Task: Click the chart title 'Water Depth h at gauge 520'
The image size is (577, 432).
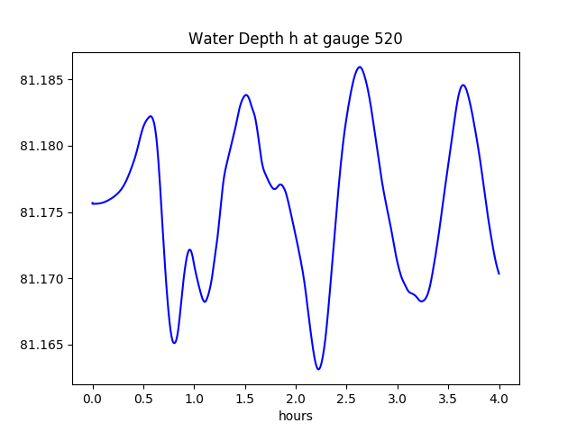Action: point(295,40)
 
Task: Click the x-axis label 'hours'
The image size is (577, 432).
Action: point(295,416)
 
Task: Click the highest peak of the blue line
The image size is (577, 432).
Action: point(360,67)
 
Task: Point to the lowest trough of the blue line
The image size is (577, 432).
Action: point(318,369)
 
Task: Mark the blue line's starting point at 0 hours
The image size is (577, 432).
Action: point(93,203)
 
